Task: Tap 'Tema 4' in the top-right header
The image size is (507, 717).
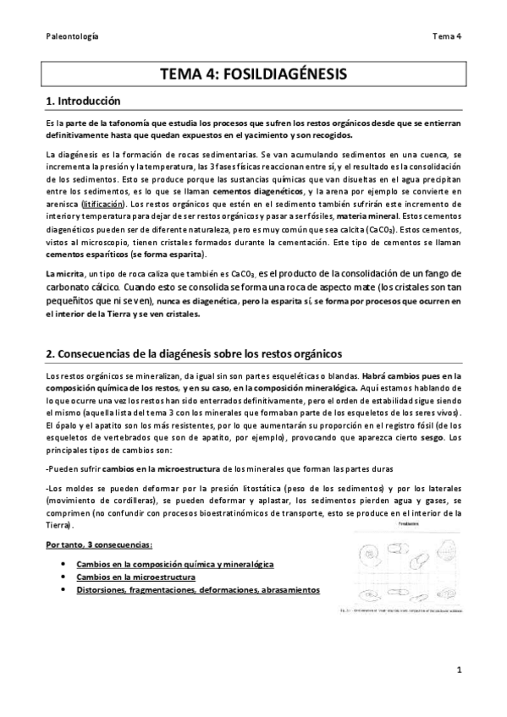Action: click(x=444, y=36)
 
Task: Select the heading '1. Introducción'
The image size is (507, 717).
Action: click(x=84, y=101)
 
